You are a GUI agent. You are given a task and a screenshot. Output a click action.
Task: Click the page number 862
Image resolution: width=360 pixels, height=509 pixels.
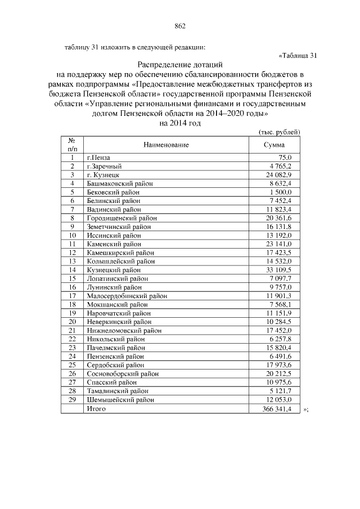180,26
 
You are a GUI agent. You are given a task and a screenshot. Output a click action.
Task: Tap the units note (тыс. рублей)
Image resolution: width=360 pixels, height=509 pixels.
279,132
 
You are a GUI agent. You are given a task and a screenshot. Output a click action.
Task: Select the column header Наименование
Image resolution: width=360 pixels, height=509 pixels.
166,145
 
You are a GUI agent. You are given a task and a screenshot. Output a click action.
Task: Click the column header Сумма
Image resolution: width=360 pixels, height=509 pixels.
274,145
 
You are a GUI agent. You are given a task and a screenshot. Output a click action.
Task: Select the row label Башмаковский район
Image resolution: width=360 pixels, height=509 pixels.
119,183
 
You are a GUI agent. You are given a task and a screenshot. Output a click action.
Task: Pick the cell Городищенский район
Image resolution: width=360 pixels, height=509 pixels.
121,218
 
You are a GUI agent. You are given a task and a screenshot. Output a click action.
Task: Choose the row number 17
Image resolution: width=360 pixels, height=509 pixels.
72,295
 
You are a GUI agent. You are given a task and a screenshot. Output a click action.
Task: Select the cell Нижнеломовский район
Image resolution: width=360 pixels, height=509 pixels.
124,330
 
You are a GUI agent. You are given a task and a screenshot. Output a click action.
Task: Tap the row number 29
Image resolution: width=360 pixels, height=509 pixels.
72,399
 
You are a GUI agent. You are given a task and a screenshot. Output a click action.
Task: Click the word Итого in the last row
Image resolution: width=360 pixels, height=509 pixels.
96,408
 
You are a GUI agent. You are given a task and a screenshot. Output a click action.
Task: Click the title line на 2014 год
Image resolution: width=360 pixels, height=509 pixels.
180,123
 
